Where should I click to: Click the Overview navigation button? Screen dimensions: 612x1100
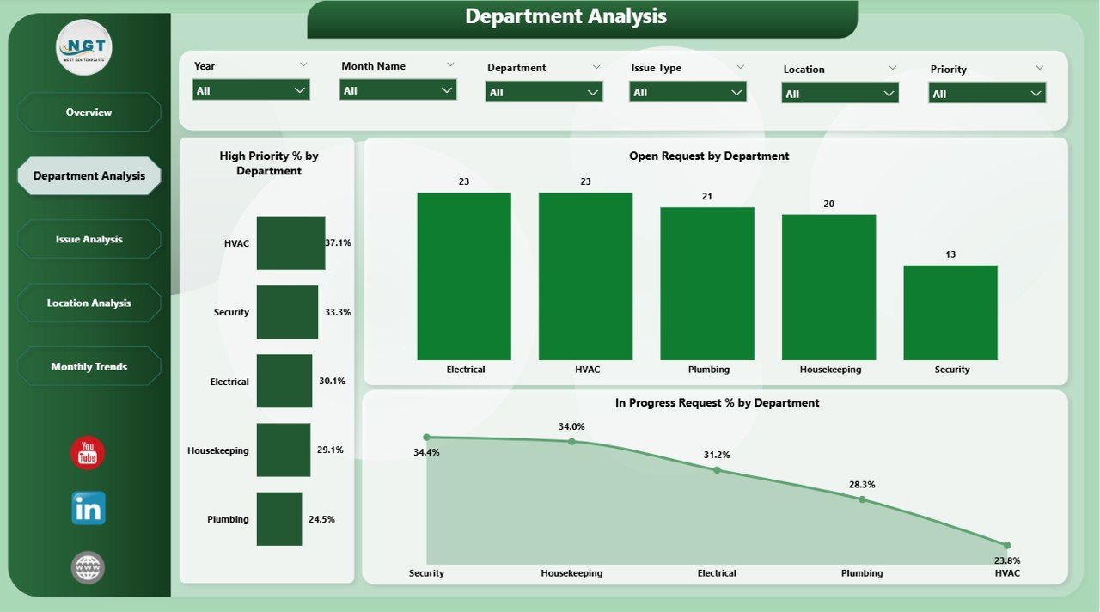89,113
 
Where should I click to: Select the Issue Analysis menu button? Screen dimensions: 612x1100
89,239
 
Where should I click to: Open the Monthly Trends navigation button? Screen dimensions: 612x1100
89,366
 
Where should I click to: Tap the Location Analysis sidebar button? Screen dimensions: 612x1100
89,303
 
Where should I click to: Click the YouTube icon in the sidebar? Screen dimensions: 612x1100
88,453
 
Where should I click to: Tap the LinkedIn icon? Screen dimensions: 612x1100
89,509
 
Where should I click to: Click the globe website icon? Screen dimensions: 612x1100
89,567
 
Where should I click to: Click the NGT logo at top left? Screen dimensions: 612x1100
84,47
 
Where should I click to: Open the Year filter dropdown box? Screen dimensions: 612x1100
251,89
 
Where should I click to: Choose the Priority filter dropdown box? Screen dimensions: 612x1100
987,94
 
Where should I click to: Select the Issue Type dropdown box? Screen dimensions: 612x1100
687,92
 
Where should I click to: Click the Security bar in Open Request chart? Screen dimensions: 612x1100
950,312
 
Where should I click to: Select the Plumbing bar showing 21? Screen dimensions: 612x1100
707,284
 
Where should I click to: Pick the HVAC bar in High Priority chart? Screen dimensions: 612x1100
290,243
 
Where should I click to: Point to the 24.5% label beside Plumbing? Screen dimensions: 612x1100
322,519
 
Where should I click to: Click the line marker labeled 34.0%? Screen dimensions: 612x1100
571,442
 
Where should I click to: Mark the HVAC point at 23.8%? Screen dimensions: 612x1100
1006,545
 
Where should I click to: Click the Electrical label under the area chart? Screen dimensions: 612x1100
717,573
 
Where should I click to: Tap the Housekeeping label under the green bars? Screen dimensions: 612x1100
829,370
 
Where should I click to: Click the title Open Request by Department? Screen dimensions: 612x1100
709,156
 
